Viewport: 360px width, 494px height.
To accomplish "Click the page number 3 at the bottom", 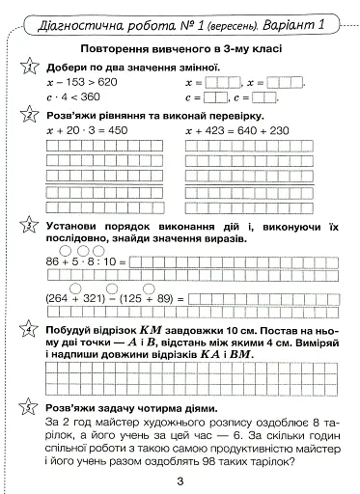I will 180,481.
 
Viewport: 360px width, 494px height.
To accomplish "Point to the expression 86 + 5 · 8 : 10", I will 85,261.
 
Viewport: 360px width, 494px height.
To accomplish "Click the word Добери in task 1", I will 66,66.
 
